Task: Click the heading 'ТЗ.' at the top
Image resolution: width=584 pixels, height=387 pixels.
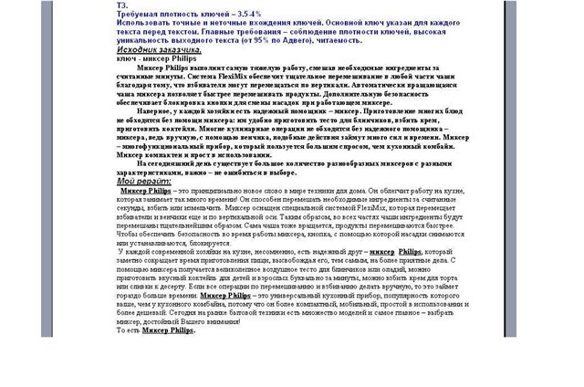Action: pos(121,5)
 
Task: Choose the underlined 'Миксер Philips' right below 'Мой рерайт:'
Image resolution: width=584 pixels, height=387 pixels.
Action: pos(147,190)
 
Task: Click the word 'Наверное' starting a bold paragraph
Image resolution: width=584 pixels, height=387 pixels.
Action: pos(159,111)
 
